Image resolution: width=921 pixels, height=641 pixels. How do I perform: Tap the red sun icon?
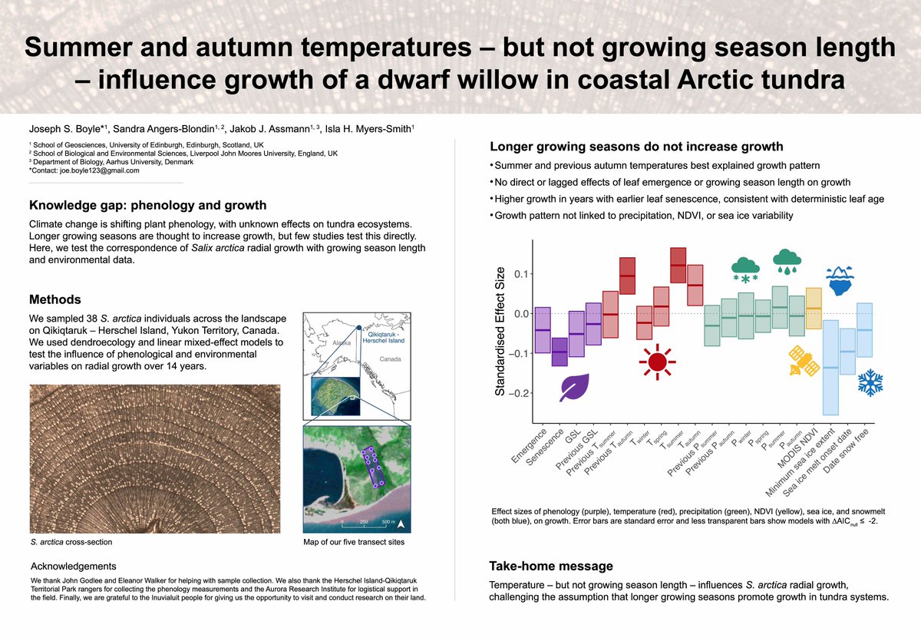pyautogui.click(x=656, y=361)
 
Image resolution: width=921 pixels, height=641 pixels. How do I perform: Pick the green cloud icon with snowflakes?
pyautogui.click(x=746, y=269)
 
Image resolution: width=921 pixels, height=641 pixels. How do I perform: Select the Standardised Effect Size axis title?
pyautogui.click(x=500, y=332)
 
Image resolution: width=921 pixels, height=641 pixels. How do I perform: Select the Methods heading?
pyautogui.click(x=54, y=299)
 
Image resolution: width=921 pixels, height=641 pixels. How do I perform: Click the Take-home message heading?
pyautogui.click(x=551, y=567)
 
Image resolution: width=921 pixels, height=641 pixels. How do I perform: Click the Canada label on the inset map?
pyautogui.click(x=390, y=358)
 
